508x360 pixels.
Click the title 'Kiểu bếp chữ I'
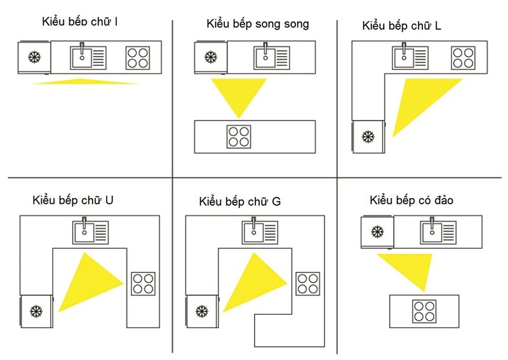pyautogui.click(x=80, y=22)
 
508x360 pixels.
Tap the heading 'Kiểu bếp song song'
pyautogui.click(x=258, y=24)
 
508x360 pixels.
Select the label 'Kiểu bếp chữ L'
pyautogui.click(x=401, y=25)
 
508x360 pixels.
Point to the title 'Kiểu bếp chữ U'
pyautogui.click(x=73, y=200)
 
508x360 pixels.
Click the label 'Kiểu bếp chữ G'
pyautogui.click(x=240, y=201)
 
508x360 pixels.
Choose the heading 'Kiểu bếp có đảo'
pyautogui.click(x=411, y=200)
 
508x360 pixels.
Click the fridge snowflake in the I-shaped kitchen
pyautogui.click(x=34, y=57)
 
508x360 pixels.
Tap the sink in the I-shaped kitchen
pyautogui.click(x=88, y=58)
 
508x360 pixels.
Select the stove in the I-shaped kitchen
pyautogui.click(x=138, y=58)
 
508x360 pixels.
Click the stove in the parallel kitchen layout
pyautogui.click(x=239, y=137)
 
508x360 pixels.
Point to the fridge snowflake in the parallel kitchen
pyautogui.click(x=211, y=57)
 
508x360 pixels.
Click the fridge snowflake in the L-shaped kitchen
pyautogui.click(x=368, y=137)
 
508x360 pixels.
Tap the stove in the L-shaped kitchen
pyautogui.click(x=464, y=58)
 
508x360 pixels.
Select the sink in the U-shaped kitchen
pyautogui.click(x=90, y=232)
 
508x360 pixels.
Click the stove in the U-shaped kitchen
pyautogui.click(x=144, y=284)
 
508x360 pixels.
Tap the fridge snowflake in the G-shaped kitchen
pyautogui.click(x=202, y=311)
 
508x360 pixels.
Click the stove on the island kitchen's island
pyautogui.click(x=424, y=311)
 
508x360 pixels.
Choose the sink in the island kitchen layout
pyautogui.click(x=438, y=232)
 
